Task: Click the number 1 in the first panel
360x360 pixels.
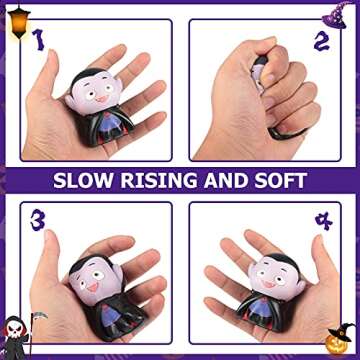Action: click(x=39, y=39)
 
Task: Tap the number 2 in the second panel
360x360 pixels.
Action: click(x=320, y=41)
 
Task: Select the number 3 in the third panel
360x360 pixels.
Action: click(x=38, y=219)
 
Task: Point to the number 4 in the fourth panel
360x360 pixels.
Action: click(x=322, y=220)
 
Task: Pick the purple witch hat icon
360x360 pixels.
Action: click(x=339, y=13)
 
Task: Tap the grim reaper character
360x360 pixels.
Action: click(x=17, y=335)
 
